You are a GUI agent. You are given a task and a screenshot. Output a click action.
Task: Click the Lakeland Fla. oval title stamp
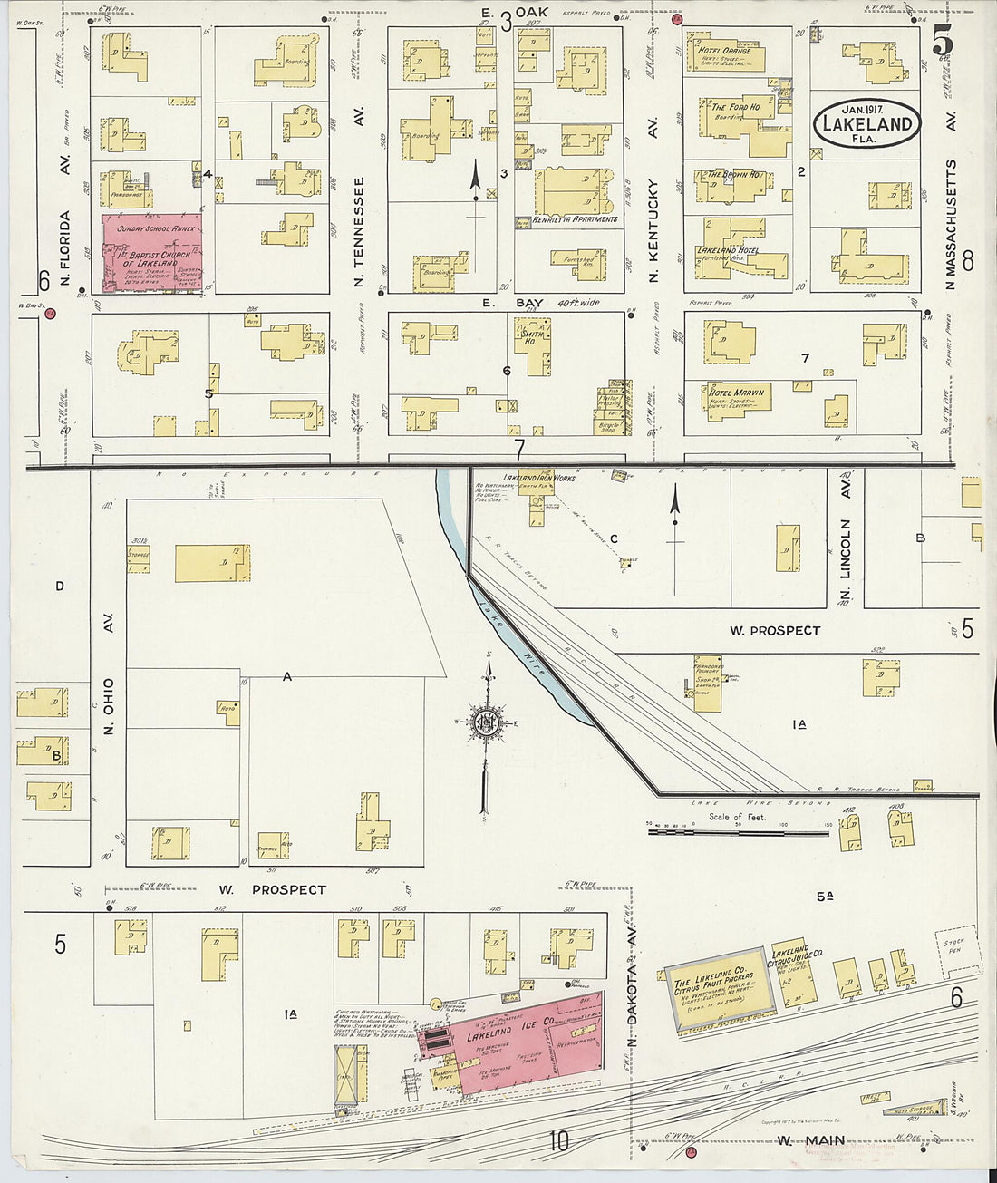(x=866, y=125)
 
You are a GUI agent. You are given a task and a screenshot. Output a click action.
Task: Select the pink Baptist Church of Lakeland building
(x=152, y=253)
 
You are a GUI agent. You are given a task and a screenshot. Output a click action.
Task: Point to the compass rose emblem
(x=487, y=722)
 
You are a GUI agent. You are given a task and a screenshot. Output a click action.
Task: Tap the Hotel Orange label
(x=723, y=52)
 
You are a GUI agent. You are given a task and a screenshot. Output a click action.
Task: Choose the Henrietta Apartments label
(x=575, y=219)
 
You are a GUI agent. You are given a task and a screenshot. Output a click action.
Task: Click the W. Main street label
(x=811, y=1140)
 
